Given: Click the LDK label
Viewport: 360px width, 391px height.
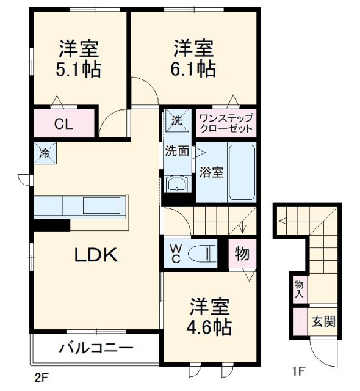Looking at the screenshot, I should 96,256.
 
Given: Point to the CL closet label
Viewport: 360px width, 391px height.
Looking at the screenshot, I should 63,124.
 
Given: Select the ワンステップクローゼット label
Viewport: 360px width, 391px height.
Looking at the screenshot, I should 226,123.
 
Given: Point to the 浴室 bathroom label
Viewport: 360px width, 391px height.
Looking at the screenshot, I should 211,172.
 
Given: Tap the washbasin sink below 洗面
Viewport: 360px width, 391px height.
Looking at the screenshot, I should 176,185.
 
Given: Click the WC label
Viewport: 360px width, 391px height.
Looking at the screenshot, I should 175,253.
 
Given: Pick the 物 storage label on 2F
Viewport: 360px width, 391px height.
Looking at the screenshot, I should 242,254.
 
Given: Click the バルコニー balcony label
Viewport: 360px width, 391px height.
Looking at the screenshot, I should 96,349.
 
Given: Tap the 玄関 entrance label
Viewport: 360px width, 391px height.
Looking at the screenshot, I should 323,321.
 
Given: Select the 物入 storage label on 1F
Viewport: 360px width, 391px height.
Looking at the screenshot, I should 300,289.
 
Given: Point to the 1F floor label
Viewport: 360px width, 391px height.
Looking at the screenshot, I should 298,371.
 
